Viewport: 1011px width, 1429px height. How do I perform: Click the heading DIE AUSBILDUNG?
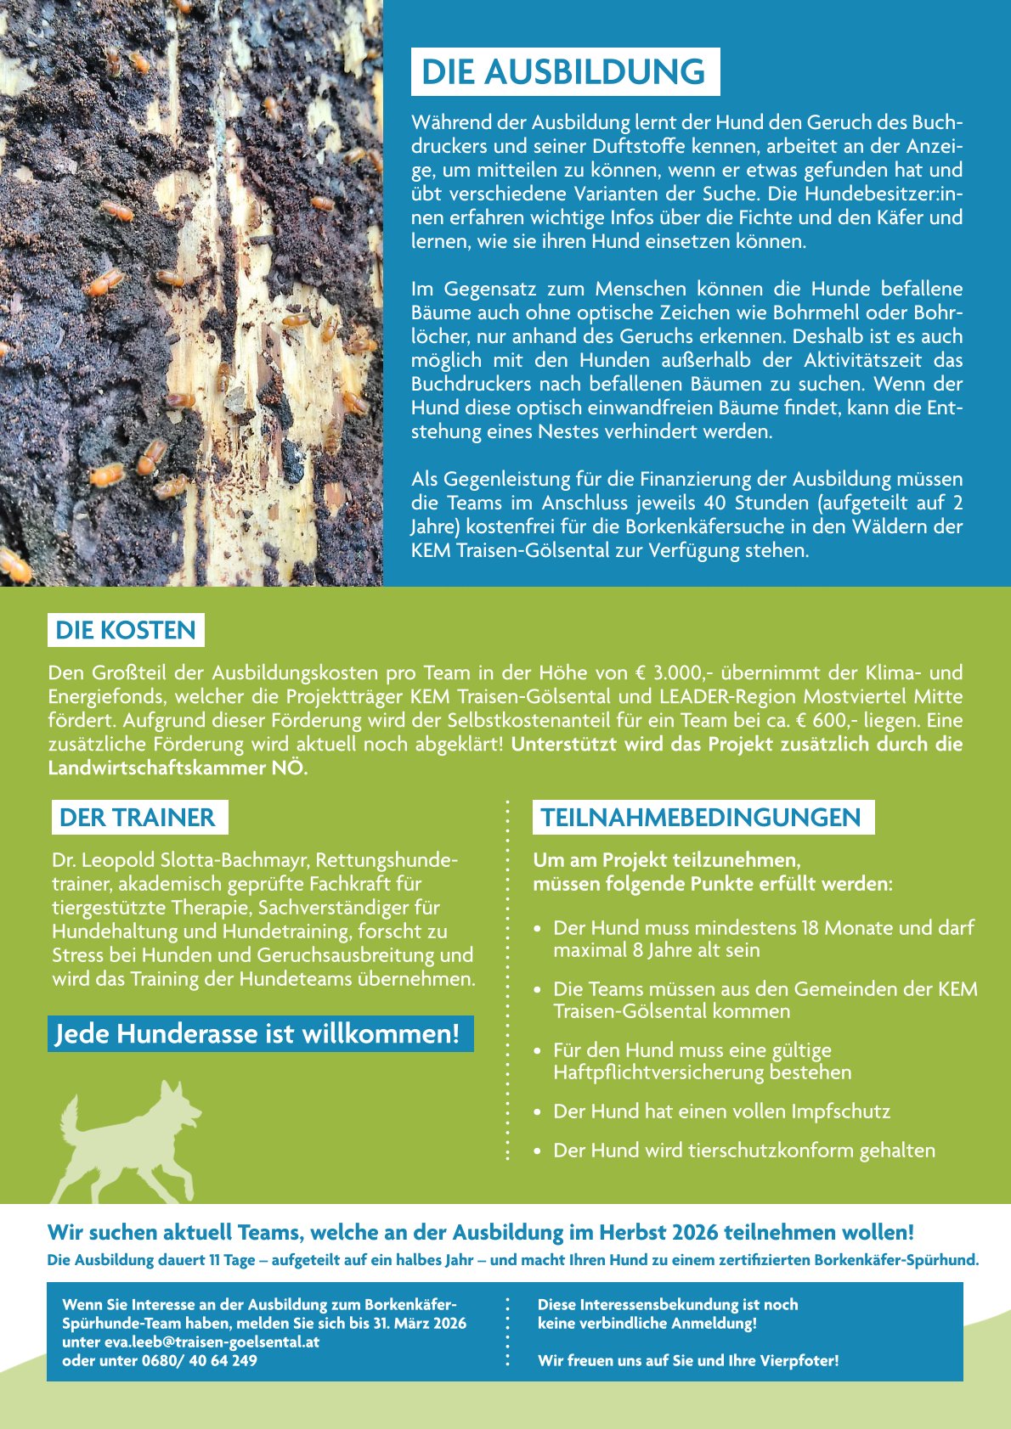click(x=564, y=72)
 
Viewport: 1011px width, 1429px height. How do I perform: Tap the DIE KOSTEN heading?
click(x=126, y=630)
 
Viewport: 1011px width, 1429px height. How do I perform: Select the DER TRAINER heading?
click(x=138, y=818)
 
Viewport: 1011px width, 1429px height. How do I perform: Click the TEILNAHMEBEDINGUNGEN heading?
click(x=701, y=818)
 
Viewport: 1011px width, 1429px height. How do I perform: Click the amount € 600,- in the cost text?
click(x=876, y=721)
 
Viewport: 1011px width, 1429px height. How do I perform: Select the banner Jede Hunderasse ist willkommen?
click(x=257, y=1034)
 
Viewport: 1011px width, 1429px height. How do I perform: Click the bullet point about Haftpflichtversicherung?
click(x=702, y=1061)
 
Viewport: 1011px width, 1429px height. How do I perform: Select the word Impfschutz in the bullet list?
click(x=840, y=1111)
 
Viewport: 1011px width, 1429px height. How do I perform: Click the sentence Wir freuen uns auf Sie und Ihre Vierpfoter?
click(x=688, y=1360)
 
